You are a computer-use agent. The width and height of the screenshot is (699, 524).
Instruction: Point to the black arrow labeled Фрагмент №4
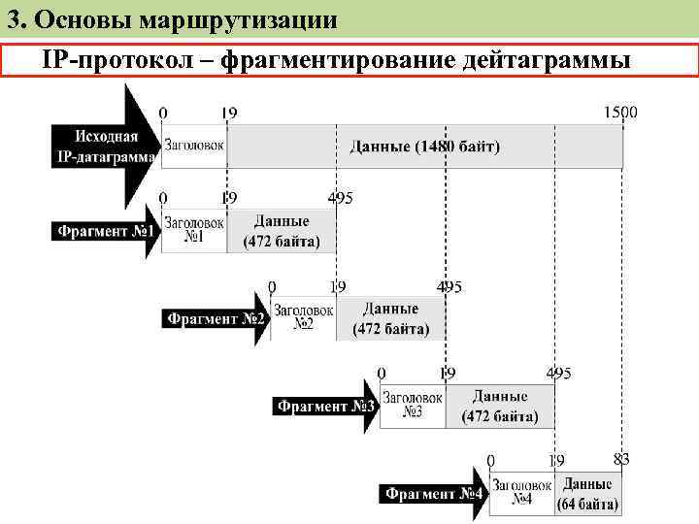(x=434, y=494)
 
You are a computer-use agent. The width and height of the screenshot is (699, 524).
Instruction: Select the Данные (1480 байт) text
(x=425, y=147)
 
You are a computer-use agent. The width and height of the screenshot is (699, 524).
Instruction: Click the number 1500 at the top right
(x=620, y=112)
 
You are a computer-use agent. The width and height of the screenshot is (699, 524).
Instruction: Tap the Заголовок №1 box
(x=194, y=230)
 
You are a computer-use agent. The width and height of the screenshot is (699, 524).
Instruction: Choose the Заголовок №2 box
(x=304, y=317)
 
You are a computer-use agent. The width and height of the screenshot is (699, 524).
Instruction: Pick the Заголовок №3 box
(x=413, y=406)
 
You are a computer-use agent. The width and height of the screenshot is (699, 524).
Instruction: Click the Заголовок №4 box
(x=523, y=493)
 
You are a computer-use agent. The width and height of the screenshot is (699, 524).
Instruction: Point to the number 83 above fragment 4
(x=622, y=458)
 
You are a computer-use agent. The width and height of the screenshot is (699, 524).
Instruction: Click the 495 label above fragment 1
(x=340, y=198)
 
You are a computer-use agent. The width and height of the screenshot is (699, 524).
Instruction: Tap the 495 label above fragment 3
(x=558, y=373)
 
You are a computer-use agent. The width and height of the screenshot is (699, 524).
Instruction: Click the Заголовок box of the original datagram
(x=193, y=146)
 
